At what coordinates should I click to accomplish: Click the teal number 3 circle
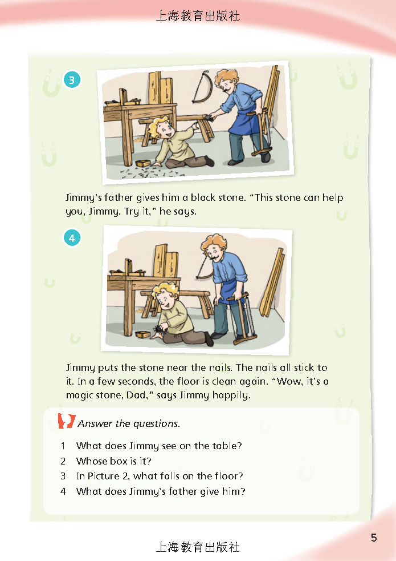point(72,80)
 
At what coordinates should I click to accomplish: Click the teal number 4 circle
point(72,238)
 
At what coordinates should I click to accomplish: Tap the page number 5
point(374,538)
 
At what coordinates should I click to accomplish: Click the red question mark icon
point(67,421)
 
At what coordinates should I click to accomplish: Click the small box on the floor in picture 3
point(142,163)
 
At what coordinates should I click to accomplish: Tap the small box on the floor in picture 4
point(143,334)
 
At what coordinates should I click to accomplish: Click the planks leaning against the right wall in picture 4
point(272,282)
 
